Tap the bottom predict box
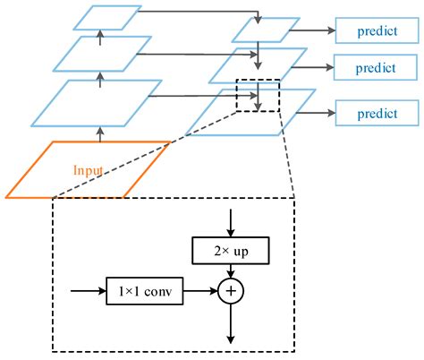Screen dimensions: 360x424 tap(377, 114)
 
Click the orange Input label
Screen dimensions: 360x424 tap(88, 168)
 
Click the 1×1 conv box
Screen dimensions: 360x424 tap(145, 290)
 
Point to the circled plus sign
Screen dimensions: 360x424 tap(231, 291)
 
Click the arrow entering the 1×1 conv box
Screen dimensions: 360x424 tap(88, 290)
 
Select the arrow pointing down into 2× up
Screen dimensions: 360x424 tap(231, 223)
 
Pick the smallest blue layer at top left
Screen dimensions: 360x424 tap(106, 16)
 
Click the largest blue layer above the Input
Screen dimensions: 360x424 tap(98, 101)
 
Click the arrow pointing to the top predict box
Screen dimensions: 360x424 tap(315, 30)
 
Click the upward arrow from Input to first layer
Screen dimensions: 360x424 tap(99, 133)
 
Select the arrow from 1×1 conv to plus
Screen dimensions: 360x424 tap(201, 291)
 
